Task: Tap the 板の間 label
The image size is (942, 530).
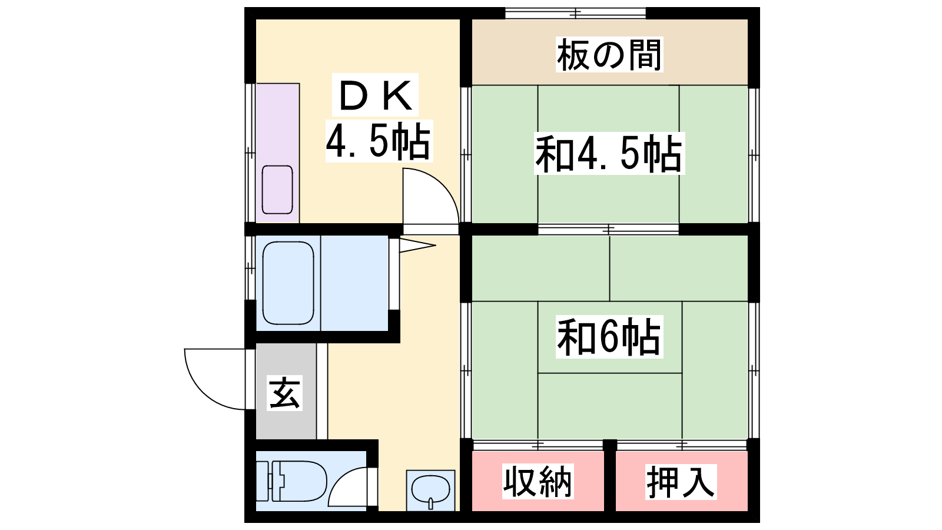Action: tap(609, 55)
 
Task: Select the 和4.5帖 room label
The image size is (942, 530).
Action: tap(609, 154)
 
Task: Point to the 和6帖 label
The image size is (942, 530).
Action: tap(609, 337)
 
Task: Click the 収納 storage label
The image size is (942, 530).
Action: tap(538, 482)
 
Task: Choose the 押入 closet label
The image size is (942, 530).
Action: tap(681, 482)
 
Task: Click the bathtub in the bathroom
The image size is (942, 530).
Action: tap(288, 283)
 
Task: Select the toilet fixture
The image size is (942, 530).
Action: tap(291, 481)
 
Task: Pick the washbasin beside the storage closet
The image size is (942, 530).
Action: tap(430, 490)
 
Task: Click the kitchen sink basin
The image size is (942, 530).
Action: tap(277, 190)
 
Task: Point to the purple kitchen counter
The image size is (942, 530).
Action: tap(277, 153)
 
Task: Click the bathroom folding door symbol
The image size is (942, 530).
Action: tap(417, 246)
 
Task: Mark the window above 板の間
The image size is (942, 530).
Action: tap(575, 13)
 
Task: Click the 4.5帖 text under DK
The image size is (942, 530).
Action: tap(379, 141)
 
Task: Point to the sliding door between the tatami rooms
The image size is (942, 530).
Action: tap(608, 230)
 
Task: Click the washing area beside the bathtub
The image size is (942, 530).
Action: tap(354, 283)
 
